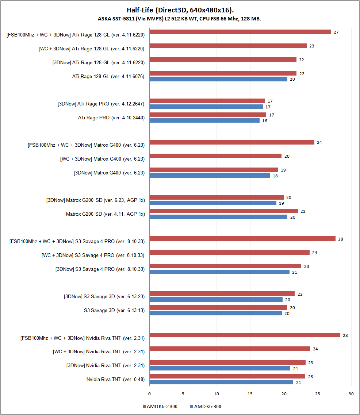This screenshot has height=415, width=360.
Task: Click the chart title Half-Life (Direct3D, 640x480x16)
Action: (x=180, y=10)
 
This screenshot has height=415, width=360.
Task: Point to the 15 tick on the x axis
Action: (x=250, y=394)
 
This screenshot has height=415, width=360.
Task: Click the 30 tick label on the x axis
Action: (x=351, y=394)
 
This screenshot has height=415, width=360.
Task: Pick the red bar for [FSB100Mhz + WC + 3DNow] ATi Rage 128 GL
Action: (x=240, y=32)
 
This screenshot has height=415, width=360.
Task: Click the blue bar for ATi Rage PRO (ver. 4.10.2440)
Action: (x=204, y=120)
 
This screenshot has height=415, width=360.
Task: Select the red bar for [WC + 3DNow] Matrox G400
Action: (x=215, y=156)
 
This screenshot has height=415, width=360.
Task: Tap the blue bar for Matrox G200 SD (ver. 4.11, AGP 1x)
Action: (x=218, y=217)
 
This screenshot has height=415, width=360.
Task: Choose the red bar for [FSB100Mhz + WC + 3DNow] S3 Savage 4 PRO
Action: (x=242, y=239)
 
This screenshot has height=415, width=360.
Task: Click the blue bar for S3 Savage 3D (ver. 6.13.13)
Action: (x=216, y=313)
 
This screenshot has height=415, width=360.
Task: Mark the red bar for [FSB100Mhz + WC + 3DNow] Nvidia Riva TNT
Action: (x=245, y=335)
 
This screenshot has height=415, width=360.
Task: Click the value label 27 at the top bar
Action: (x=336, y=32)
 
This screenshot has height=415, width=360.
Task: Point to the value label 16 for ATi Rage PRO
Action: (x=265, y=121)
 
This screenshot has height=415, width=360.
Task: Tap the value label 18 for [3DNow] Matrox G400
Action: (x=275, y=176)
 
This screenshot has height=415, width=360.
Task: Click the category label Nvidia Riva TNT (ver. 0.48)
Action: (x=115, y=379)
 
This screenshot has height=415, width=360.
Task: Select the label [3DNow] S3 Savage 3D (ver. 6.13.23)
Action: (x=104, y=297)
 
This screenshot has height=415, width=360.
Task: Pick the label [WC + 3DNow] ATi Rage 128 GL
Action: (x=91, y=49)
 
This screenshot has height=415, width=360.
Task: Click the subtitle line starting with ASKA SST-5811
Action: (x=179, y=19)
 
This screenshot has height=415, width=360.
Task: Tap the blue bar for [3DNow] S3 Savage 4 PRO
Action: (x=219, y=272)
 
